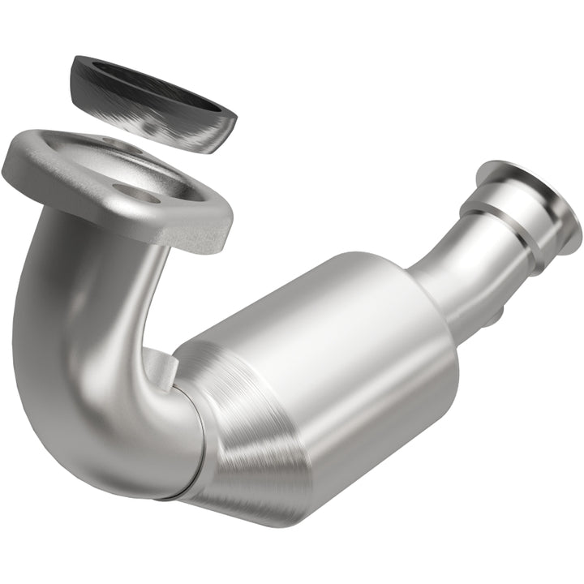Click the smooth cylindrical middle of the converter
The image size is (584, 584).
tap(341, 349)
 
